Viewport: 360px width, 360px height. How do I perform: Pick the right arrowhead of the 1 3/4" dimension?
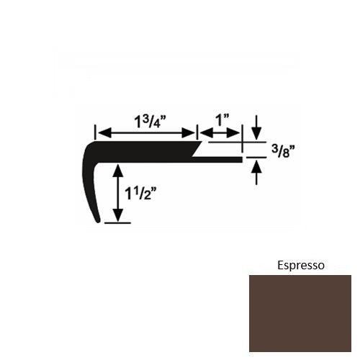pyautogui.click(x=192, y=132)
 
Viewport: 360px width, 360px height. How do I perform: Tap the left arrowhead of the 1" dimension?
pyautogui.click(x=203, y=132)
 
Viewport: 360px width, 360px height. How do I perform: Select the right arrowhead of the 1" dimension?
pyautogui.click(x=238, y=132)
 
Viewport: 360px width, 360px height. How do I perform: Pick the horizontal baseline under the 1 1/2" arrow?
pyautogui.click(x=118, y=223)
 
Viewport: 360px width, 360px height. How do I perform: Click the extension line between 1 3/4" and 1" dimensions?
pyautogui.click(x=197, y=132)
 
